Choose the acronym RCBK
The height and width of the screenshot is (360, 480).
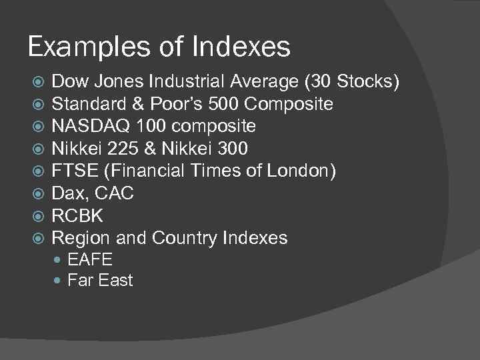[77, 216]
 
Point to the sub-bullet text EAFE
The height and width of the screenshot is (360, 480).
[90, 260]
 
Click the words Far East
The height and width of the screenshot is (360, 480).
[100, 281]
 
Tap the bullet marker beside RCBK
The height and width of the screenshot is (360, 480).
[38, 216]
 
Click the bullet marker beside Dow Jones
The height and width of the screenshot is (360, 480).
[38, 82]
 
